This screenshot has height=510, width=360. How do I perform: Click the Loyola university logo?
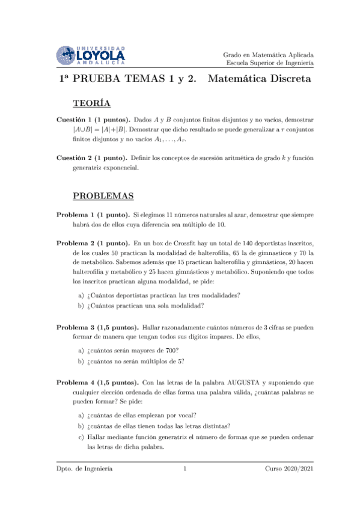(x=91, y=56)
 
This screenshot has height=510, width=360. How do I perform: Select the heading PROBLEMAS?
(x=103, y=196)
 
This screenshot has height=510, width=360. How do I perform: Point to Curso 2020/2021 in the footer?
(x=288, y=468)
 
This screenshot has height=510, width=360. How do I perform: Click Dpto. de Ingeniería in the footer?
(x=84, y=468)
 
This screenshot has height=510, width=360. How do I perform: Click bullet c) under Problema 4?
(x=81, y=437)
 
